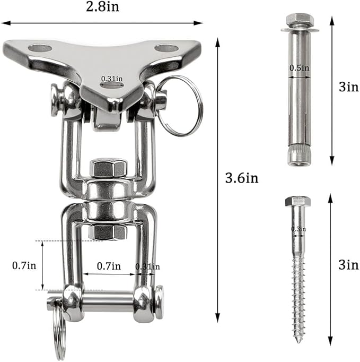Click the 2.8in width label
(102, 7)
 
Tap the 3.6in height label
(241, 178)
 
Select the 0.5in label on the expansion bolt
(299, 68)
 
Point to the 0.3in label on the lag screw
(298, 229)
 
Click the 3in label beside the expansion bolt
(349, 87)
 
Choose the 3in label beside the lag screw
(349, 265)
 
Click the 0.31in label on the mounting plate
(112, 79)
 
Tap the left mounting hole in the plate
(40, 48)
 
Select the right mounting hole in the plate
(166, 48)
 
